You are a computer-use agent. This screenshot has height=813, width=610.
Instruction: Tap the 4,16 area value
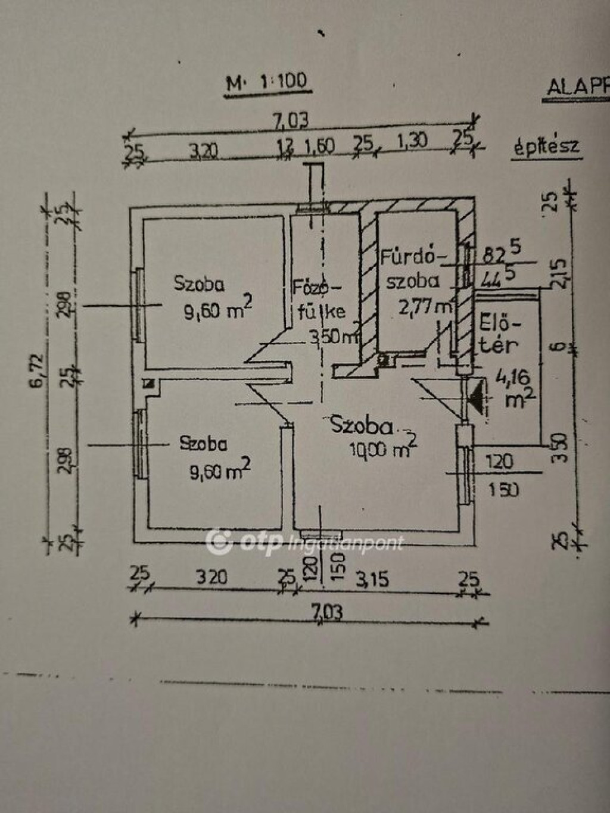[508, 378]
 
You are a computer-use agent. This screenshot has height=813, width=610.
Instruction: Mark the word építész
[546, 147]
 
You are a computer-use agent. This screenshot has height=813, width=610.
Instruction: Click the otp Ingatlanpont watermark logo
[304, 542]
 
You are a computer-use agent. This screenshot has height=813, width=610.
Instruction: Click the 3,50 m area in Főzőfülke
[333, 337]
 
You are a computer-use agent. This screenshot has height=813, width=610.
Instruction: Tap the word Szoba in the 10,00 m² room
[362, 425]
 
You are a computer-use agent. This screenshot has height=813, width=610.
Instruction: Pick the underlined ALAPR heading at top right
[578, 88]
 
